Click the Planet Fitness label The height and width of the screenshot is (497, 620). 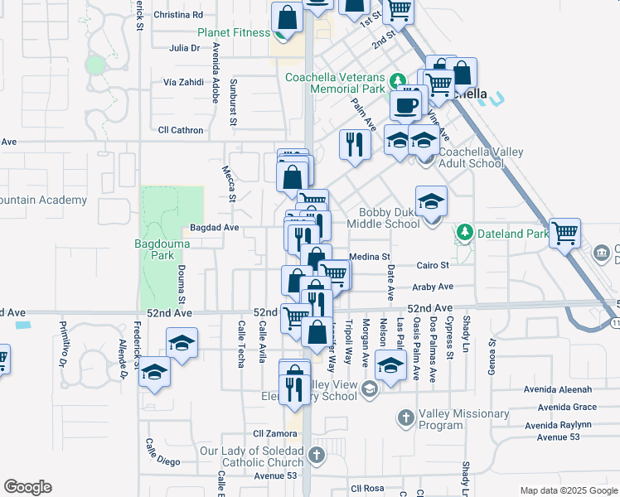point(233,32)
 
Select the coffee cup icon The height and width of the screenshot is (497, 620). point(406,105)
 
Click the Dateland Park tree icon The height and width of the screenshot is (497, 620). point(465,234)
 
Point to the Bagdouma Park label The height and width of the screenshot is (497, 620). point(162,249)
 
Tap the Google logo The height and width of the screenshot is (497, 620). point(27,487)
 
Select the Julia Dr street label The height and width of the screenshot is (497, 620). point(184,48)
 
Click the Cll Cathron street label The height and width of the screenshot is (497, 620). point(181,130)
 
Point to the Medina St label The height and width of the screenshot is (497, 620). point(369,257)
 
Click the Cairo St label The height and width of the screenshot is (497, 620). point(432,265)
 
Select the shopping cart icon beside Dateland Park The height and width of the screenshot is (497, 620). point(564,233)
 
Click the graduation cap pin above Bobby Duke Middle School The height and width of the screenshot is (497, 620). point(431,201)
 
